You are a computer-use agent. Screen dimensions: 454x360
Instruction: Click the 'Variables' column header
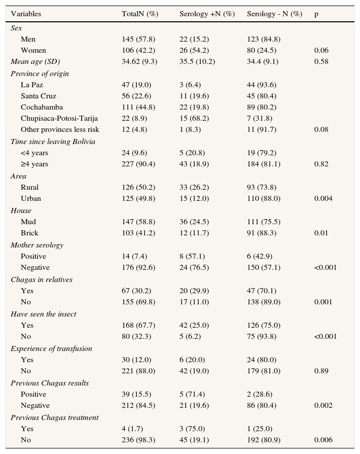click(26, 14)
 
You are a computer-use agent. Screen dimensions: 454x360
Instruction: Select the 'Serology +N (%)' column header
click(207, 14)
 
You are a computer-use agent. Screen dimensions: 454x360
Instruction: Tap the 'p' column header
click(316, 14)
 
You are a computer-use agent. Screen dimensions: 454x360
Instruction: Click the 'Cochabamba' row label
click(40, 107)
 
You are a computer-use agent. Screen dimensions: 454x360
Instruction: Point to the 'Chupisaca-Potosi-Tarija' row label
click(59, 118)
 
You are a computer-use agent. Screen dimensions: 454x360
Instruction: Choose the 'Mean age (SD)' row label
click(35, 61)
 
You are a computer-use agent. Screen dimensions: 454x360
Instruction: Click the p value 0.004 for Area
click(323, 198)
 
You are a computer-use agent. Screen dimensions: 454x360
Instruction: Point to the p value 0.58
click(321, 61)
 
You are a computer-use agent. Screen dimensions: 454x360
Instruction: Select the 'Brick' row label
click(29, 233)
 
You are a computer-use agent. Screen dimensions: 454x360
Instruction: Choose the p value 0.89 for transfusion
click(321, 371)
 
